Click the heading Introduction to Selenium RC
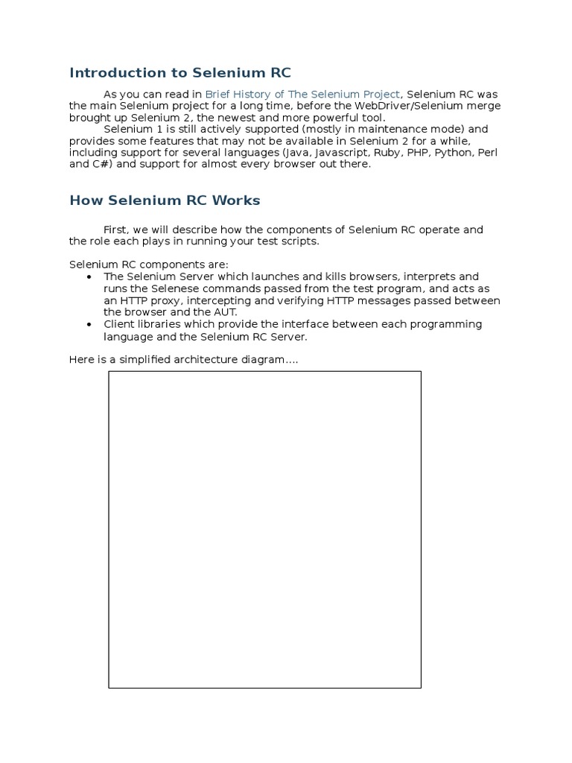point(180,73)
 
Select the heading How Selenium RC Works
point(165,200)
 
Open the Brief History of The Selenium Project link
point(302,94)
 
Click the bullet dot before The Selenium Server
point(89,276)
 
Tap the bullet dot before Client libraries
point(89,325)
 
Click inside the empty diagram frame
point(264,529)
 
